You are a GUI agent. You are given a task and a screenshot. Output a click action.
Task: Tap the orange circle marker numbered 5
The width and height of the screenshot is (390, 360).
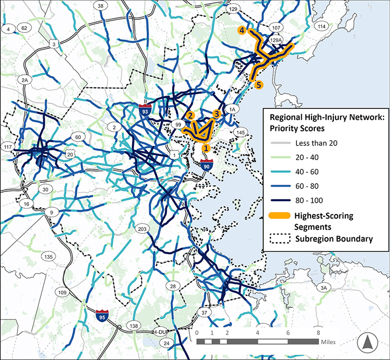click(259, 84)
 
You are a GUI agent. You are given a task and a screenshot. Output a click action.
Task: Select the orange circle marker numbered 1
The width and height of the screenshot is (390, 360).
click(206, 147)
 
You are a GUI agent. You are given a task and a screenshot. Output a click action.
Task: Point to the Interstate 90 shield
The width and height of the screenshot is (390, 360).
click(206, 166)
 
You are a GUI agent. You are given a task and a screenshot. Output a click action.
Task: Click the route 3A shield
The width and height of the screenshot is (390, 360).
click(324, 288)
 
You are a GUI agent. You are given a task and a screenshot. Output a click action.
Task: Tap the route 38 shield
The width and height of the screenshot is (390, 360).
click(101, 6)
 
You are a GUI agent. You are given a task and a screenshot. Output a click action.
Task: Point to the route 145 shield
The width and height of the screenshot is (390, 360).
click(239, 132)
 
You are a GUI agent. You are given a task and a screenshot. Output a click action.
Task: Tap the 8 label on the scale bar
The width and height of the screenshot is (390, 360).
click(318, 332)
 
